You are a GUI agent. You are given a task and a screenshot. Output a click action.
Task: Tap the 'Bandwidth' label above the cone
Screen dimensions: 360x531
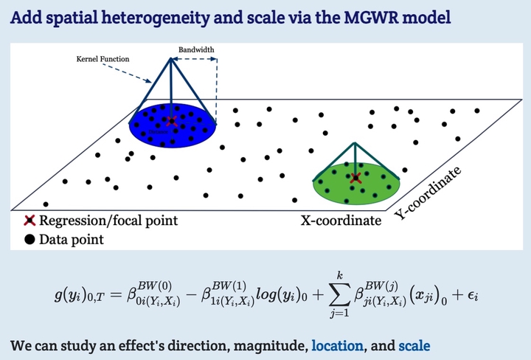196,51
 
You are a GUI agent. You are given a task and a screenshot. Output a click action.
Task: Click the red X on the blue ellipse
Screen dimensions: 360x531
172,120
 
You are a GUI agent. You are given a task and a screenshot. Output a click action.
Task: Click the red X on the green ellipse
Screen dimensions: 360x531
356,178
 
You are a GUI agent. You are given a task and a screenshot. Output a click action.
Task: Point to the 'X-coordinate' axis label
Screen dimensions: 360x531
341,221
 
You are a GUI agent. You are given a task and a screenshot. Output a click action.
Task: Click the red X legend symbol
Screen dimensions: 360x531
30,221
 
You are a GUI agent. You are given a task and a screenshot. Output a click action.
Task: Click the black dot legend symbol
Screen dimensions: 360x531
30,239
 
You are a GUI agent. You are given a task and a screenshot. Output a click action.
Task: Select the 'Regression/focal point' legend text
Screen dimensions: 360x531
108,221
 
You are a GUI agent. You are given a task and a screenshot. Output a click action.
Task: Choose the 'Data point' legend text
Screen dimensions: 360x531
72,239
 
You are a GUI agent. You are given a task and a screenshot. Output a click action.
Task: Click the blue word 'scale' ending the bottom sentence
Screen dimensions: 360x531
414,345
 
